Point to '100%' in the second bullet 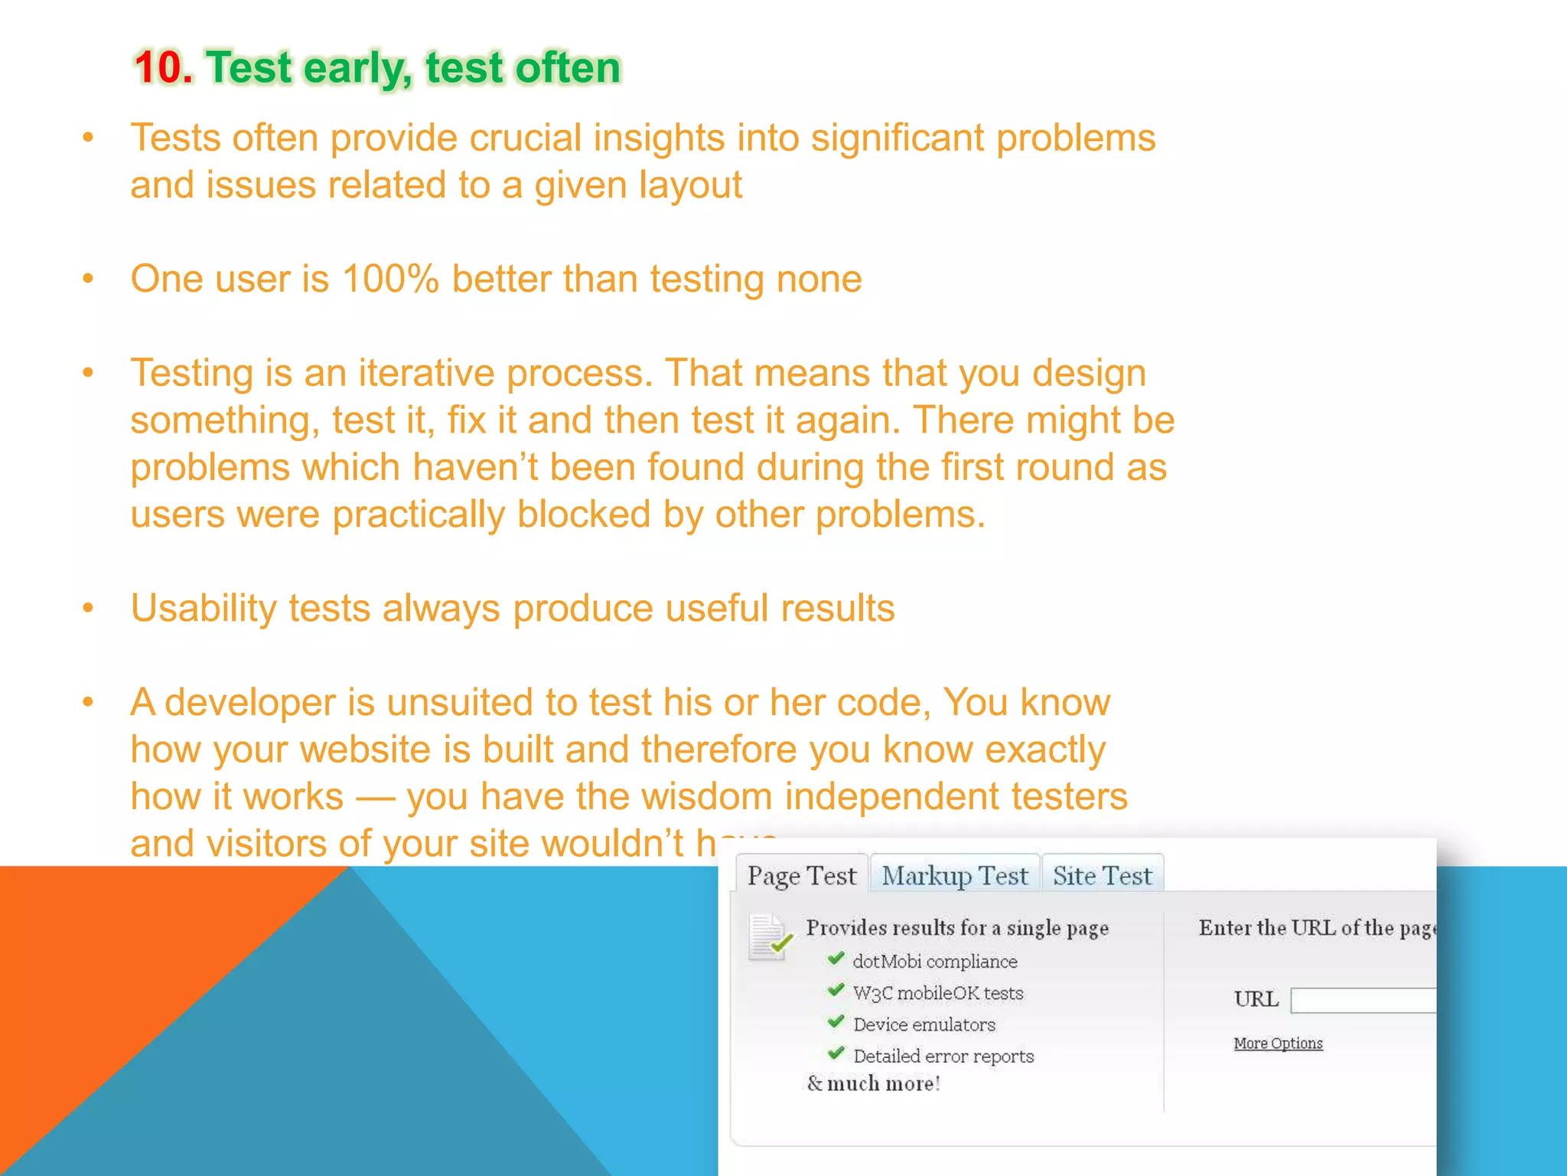390,279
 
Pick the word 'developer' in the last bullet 250,703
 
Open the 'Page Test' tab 801,875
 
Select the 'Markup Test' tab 954,875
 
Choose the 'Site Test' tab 1102,875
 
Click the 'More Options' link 1278,1044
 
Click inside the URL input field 1362,1001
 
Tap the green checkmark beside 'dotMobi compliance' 836,959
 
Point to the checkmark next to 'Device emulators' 836,1022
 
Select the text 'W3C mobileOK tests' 938,993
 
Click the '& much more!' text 873,1083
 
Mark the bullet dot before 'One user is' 88,279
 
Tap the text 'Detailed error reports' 943,1057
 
